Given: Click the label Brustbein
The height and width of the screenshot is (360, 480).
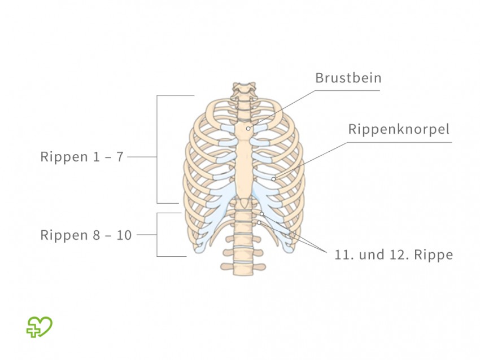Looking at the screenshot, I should click(348, 78).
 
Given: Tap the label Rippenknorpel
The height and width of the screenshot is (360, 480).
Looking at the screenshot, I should click(399, 129).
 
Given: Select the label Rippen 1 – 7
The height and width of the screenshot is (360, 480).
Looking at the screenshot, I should click(82, 156).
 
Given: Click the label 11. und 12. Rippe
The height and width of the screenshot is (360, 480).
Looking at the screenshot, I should click(394, 254).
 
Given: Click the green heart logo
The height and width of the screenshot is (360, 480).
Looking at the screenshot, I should click(39, 327).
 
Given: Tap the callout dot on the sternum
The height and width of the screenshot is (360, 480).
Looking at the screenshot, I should click(248, 129).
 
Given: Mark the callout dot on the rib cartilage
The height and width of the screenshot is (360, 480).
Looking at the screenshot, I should click(273, 179).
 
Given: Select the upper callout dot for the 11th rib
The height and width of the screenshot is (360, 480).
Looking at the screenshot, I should click(262, 214).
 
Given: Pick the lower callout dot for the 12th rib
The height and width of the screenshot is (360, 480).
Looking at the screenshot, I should click(259, 223).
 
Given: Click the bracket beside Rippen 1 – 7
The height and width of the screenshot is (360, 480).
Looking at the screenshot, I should click(157, 150).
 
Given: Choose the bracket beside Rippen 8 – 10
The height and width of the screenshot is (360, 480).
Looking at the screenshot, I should click(157, 235).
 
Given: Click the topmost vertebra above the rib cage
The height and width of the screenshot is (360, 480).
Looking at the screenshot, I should click(243, 88).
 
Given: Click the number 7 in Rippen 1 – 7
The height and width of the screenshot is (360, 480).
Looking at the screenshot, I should click(120, 156).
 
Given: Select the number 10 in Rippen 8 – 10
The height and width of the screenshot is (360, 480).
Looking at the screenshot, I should click(125, 235).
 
